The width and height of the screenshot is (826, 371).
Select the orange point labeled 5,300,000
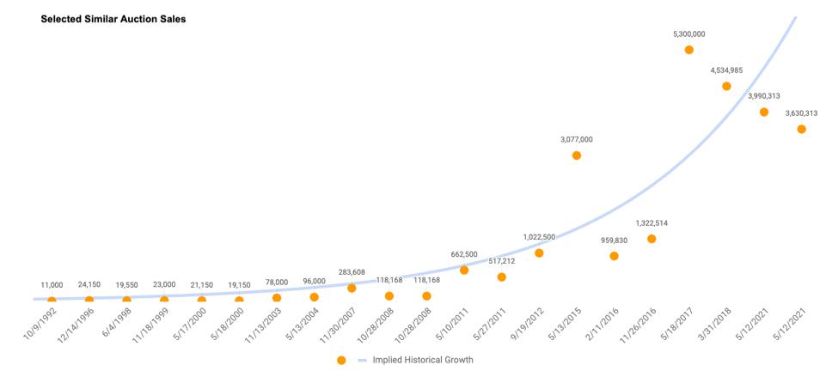(x=688, y=50)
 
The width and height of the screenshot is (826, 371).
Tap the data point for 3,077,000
(x=577, y=155)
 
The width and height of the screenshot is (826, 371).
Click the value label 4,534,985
(x=726, y=70)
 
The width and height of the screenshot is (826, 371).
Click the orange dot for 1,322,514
(x=652, y=239)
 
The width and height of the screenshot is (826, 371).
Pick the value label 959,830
(x=614, y=240)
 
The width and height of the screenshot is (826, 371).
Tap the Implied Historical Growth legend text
(x=422, y=360)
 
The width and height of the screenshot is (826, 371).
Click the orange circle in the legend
(x=341, y=360)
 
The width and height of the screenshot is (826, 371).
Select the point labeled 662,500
(x=464, y=270)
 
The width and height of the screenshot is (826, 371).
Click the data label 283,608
(x=352, y=272)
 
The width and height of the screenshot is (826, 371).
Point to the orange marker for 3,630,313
(x=801, y=129)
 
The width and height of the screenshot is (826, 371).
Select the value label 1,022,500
(x=539, y=237)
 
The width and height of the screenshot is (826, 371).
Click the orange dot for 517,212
(x=501, y=277)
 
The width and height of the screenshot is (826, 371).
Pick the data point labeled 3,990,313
(x=763, y=112)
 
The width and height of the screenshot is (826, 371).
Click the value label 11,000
(x=52, y=284)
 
